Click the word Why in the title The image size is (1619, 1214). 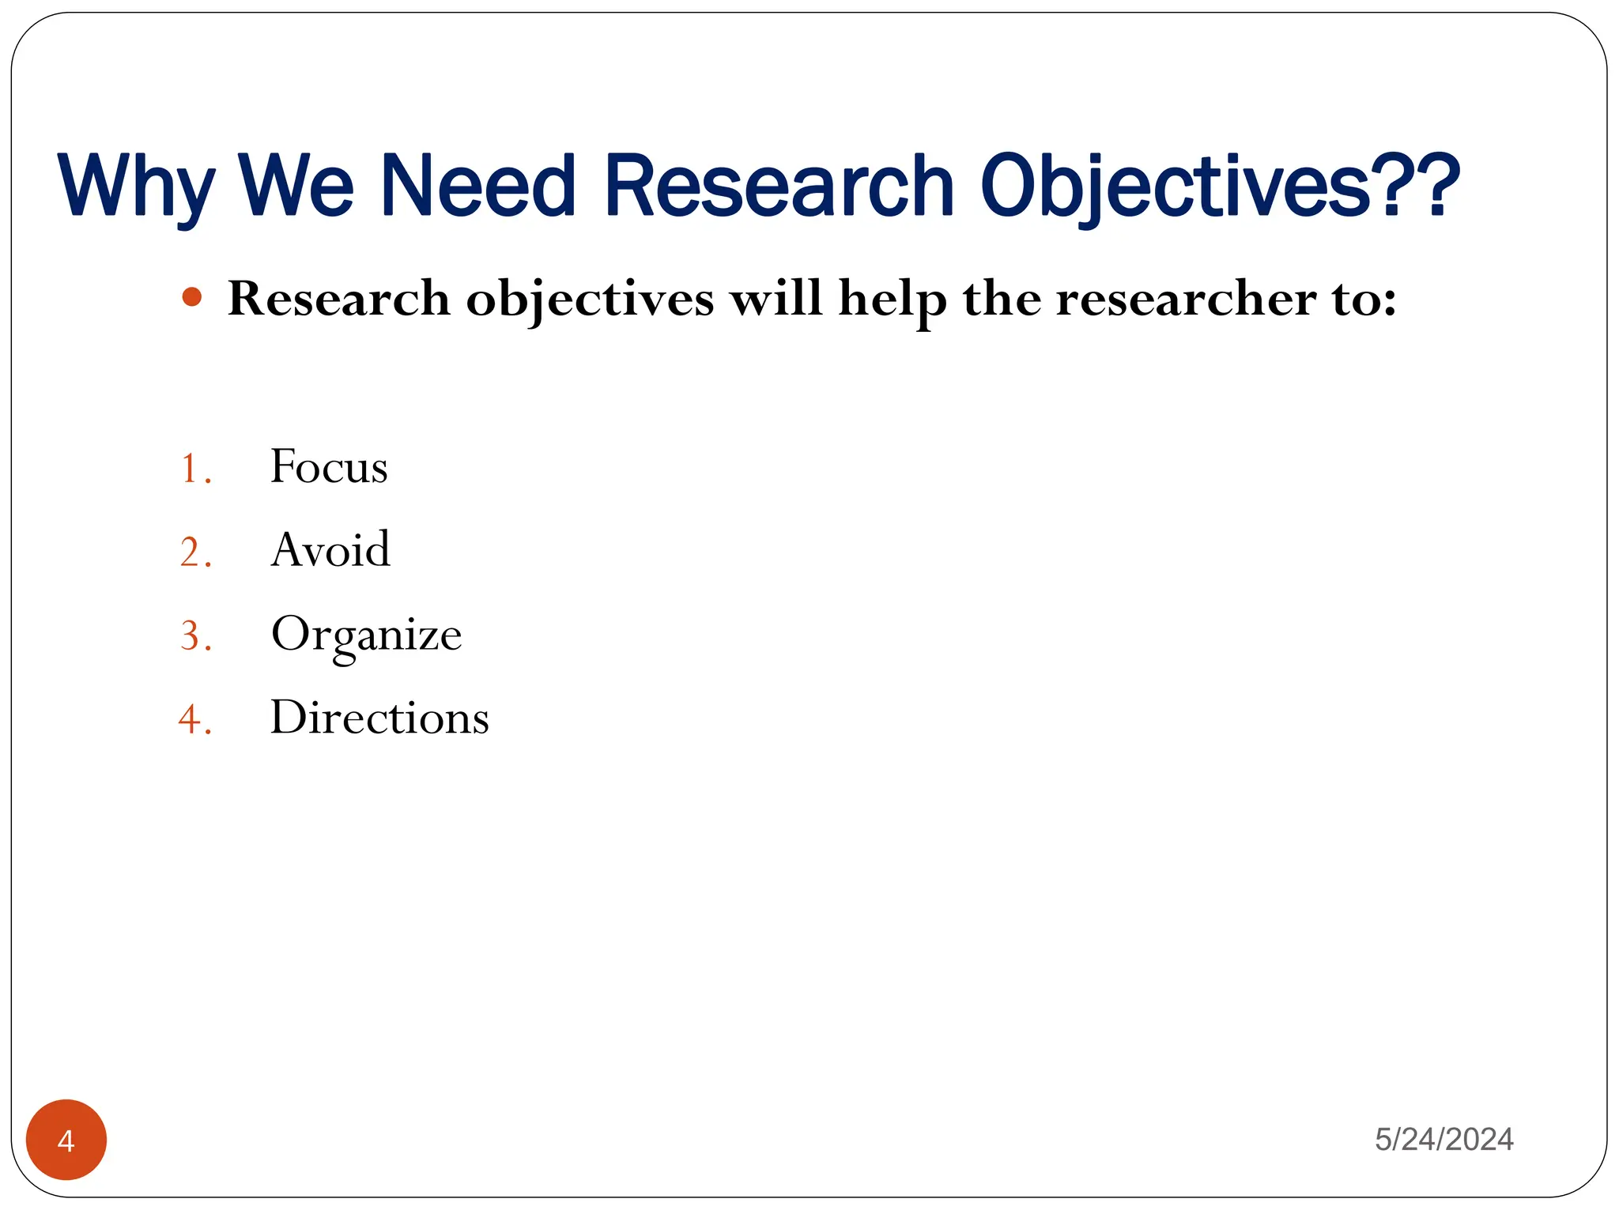[136, 186]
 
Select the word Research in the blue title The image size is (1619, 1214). [779, 186]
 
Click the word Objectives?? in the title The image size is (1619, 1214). [1218, 186]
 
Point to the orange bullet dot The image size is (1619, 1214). [191, 298]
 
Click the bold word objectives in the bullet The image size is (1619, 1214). [590, 300]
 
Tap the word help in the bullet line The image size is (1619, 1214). [893, 300]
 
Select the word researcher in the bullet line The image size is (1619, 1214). [1187, 300]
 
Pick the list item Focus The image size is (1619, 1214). [329, 466]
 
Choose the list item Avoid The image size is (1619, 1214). [330, 549]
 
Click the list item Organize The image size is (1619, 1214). [366, 635]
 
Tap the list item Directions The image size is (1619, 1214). [379, 718]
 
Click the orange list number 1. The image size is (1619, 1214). [191, 469]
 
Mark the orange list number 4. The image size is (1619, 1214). [191, 720]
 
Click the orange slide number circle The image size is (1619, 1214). [66, 1140]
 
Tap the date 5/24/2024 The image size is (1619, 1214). [1444, 1139]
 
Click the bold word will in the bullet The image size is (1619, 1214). [775, 299]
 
